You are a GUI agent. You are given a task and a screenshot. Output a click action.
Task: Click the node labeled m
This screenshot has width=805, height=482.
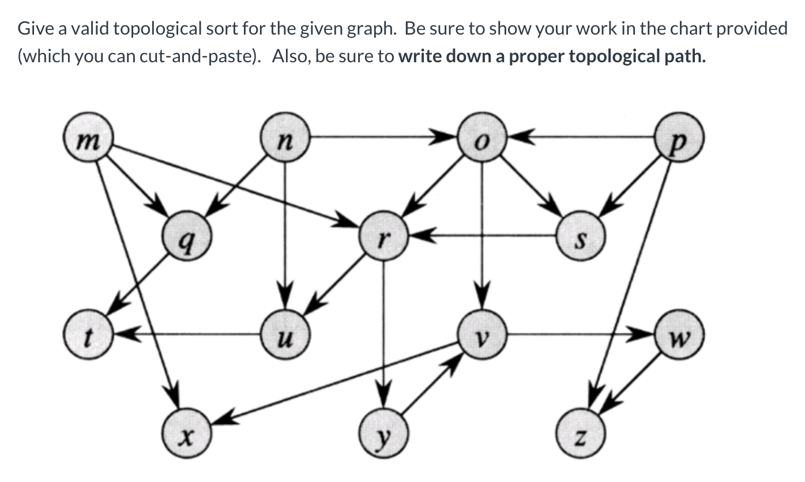88,138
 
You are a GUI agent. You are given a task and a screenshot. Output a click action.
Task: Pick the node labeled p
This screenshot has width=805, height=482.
680,138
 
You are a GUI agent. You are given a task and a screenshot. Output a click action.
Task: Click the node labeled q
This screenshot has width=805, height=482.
187,236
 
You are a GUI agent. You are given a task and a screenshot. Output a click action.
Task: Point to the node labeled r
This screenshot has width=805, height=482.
383,236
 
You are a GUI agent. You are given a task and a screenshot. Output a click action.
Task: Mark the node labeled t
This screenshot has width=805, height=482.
88,334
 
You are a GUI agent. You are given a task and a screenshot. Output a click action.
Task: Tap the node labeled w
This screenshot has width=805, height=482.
680,334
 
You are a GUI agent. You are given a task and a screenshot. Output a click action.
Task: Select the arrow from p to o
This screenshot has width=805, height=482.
582,138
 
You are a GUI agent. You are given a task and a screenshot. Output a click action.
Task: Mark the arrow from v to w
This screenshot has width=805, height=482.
582,333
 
